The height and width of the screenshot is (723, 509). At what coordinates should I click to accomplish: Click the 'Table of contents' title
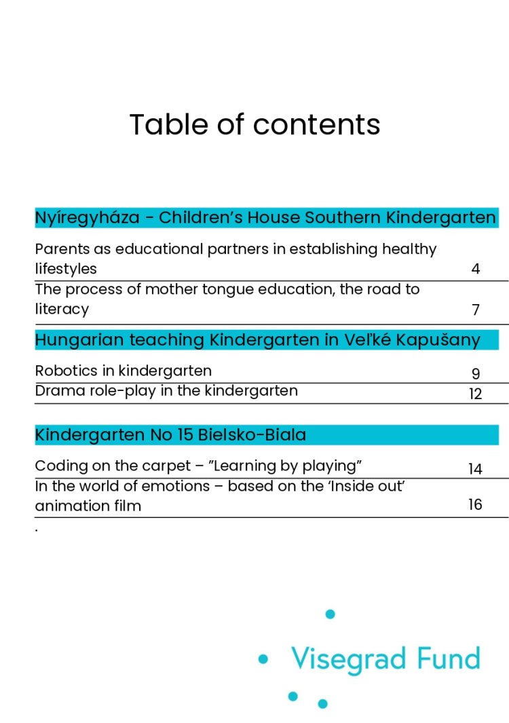click(x=254, y=125)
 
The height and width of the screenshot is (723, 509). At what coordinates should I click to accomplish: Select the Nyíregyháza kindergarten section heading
click(x=265, y=218)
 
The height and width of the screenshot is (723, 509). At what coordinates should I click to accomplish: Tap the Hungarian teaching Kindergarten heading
click(x=257, y=339)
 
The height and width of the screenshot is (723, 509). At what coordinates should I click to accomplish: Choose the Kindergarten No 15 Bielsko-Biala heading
click(x=170, y=434)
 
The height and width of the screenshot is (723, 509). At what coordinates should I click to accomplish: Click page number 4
click(x=475, y=270)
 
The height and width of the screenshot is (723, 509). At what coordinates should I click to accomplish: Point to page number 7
click(x=475, y=310)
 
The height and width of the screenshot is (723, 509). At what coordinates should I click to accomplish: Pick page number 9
click(x=475, y=374)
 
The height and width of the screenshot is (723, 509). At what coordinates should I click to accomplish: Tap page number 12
click(x=475, y=394)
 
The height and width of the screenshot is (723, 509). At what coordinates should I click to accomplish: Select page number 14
click(x=475, y=469)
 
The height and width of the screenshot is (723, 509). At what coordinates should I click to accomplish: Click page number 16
click(x=475, y=504)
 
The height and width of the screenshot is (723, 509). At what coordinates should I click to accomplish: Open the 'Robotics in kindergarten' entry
click(x=123, y=371)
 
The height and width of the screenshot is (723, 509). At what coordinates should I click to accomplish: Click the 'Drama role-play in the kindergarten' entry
click(x=166, y=390)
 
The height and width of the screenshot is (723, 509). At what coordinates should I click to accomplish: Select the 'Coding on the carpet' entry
click(x=197, y=466)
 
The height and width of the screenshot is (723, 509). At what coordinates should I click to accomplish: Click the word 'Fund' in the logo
click(x=449, y=658)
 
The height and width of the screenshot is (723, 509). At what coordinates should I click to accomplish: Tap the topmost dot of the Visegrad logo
click(x=331, y=614)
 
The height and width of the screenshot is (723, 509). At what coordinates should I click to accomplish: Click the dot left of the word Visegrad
click(x=263, y=659)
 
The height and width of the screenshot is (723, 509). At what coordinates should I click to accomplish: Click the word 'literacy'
click(x=62, y=310)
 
